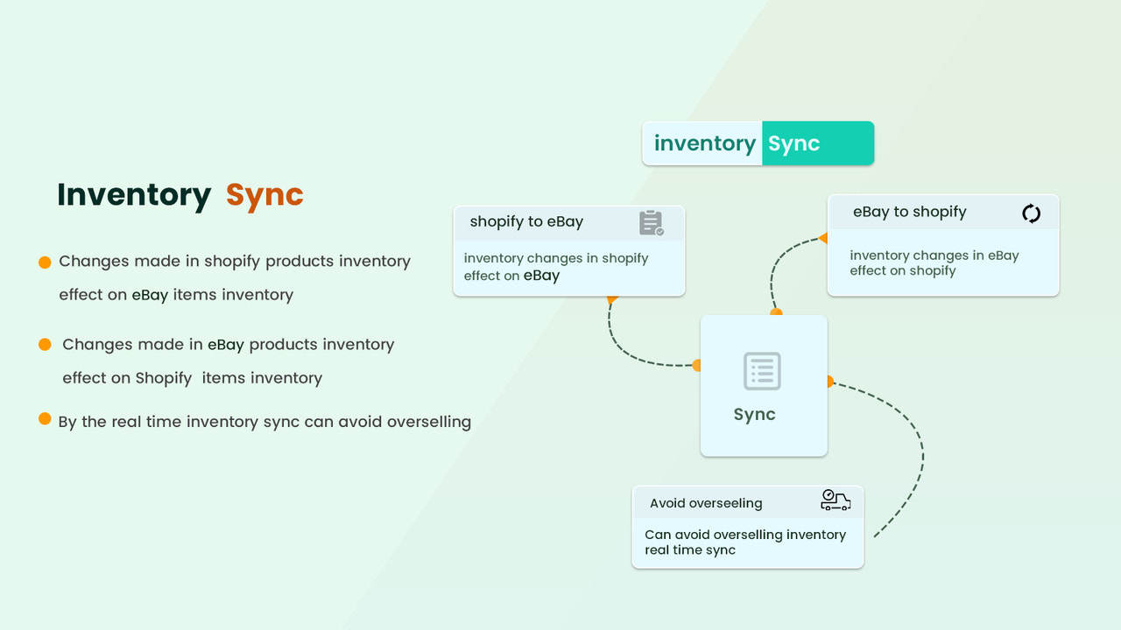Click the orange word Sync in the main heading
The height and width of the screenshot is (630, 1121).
point(264,195)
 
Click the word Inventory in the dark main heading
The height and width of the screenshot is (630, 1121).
point(134,195)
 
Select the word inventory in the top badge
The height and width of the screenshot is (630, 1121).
point(704,143)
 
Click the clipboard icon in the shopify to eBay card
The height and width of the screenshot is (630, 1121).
point(651,223)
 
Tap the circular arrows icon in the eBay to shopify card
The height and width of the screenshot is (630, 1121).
point(1031,213)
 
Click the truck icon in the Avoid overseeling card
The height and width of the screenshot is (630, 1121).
point(835,500)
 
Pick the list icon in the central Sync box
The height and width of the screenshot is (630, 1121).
point(762,371)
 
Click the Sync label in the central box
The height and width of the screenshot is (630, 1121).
point(754,415)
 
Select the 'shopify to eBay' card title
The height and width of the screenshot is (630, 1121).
point(526,222)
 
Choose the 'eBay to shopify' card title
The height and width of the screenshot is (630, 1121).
point(909,212)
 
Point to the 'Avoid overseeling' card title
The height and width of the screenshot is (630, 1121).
point(706,503)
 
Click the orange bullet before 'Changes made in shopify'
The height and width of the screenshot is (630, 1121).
point(45,262)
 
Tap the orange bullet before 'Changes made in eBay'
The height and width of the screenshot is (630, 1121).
point(45,345)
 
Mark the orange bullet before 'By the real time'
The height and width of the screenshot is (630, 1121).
point(45,419)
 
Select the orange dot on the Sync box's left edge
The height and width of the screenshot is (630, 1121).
point(698,365)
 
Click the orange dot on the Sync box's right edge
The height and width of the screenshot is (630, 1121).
point(828,381)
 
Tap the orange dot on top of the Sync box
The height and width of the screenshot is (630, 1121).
point(776,312)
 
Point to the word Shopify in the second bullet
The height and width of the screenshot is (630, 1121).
point(164,378)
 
